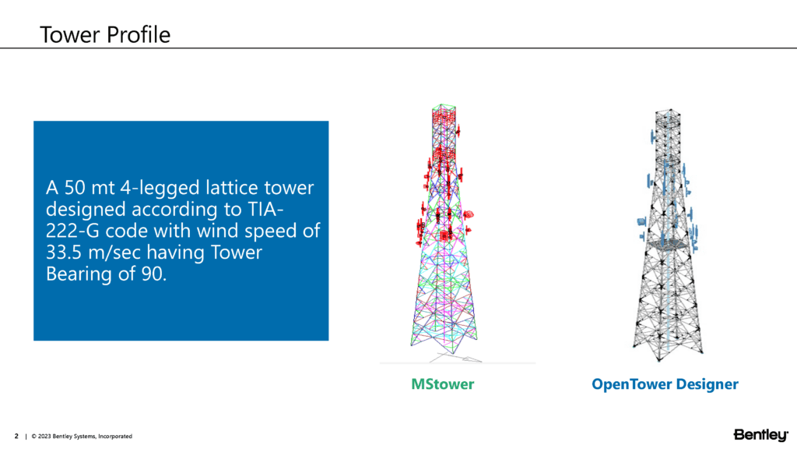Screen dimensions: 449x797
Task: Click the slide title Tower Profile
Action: pos(104,34)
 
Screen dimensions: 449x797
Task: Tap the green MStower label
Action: pos(442,384)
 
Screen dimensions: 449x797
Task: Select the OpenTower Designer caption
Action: pos(665,384)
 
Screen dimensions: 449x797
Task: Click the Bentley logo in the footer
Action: pos(760,434)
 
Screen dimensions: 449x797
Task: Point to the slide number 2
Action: pos(16,436)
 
